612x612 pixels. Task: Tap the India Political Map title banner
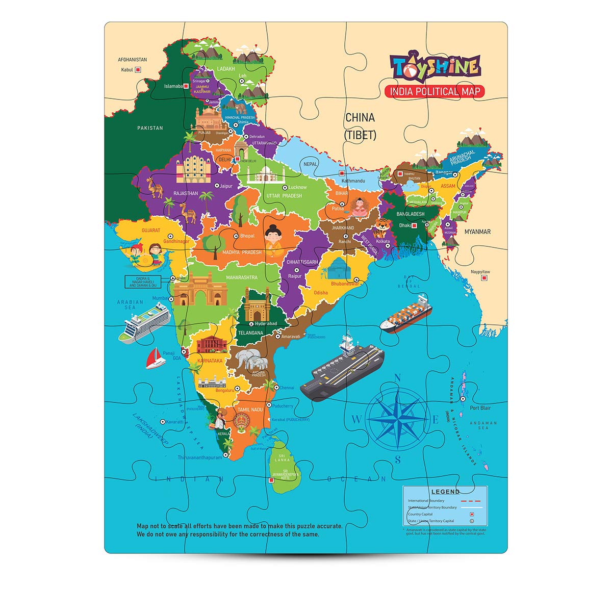click(435, 92)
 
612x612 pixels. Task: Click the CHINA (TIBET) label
click(360, 126)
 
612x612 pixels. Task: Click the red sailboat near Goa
click(156, 359)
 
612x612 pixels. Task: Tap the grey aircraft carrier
click(342, 366)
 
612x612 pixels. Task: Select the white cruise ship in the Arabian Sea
click(144, 321)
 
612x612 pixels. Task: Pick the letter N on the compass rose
click(398, 378)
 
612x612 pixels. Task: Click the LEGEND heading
click(445, 492)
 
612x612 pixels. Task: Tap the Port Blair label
click(480, 408)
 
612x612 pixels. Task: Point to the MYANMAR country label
click(477, 232)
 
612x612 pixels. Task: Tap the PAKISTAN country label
click(150, 128)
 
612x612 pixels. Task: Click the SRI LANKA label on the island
click(282, 457)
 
